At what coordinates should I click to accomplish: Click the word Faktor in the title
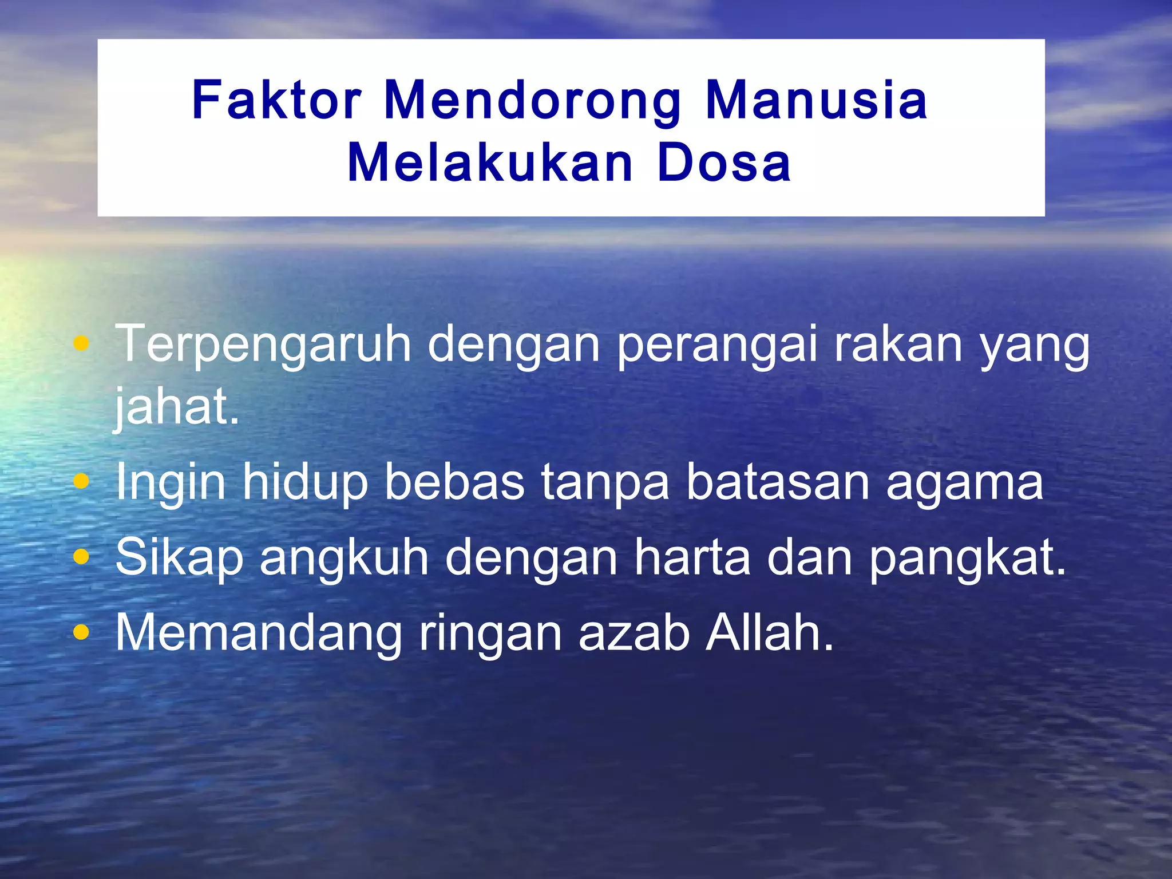point(276,101)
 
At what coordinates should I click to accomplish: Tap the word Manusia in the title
point(816,101)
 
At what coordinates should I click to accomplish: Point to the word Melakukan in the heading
point(490,163)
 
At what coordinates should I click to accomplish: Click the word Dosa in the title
point(724,163)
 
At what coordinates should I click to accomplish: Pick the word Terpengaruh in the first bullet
point(263,345)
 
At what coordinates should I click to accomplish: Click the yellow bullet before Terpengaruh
point(82,344)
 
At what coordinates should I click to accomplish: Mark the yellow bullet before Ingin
point(82,482)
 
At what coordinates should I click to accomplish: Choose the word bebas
point(454,482)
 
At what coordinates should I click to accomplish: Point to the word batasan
point(778,482)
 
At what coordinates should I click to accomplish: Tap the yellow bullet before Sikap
point(82,557)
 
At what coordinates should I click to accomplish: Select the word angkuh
point(344,559)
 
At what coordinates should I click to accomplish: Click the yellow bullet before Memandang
point(82,632)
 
